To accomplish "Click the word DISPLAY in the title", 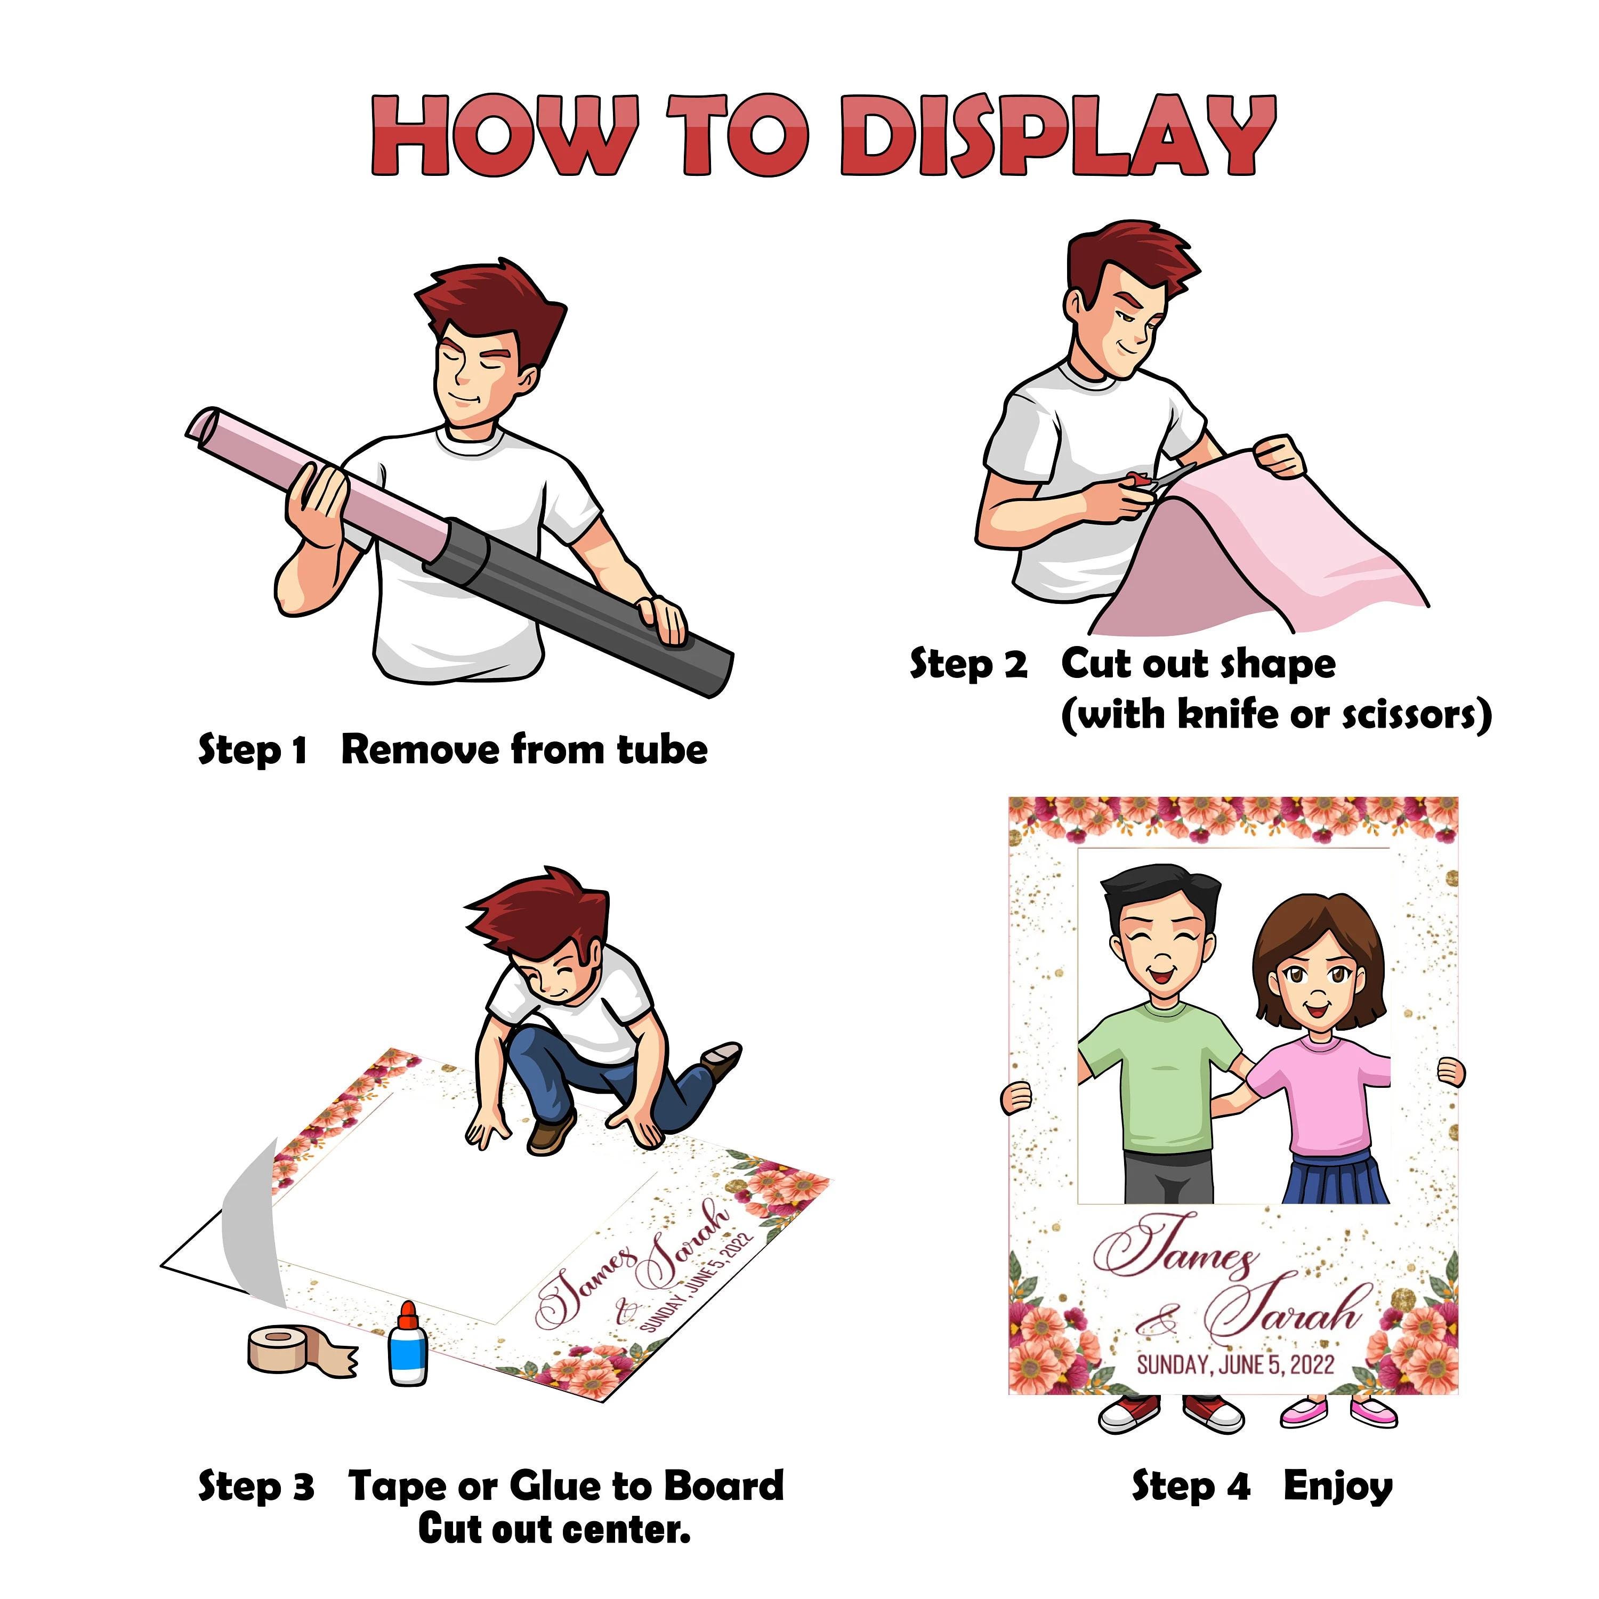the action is (1057, 135).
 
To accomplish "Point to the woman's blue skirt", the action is (1335, 1180).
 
